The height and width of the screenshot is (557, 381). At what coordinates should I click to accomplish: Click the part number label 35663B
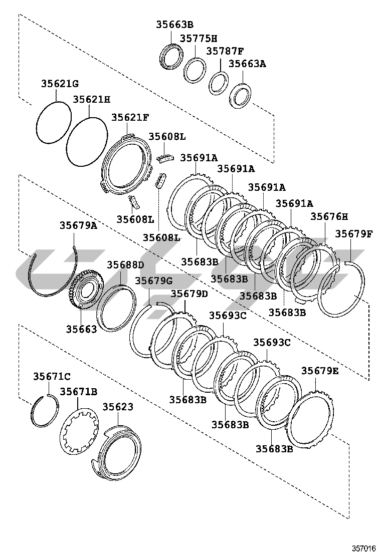[x=174, y=24]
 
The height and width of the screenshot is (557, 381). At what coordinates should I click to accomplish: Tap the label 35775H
[x=199, y=38]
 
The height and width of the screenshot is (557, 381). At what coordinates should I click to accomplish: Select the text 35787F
[x=225, y=51]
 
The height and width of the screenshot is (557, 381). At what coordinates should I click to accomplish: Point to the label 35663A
[x=247, y=64]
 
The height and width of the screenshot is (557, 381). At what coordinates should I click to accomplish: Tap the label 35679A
[x=78, y=225]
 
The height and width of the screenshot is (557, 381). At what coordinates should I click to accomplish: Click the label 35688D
[x=125, y=264]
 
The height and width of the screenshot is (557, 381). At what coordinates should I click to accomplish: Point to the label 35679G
[x=153, y=280]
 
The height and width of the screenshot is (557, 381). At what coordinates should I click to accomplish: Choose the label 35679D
[x=189, y=294]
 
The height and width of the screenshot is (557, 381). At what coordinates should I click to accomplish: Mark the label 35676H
[x=329, y=216]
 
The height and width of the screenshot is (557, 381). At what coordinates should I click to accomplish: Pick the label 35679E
[x=320, y=371]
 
